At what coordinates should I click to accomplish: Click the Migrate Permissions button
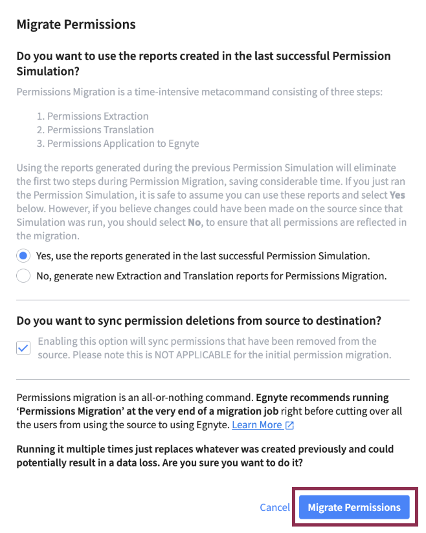[354, 508]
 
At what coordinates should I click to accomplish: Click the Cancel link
[275, 508]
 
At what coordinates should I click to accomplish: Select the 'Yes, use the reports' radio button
[23, 256]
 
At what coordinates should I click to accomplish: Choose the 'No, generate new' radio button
[23, 276]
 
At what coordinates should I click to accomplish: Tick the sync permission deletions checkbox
[23, 348]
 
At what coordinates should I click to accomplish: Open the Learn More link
[257, 425]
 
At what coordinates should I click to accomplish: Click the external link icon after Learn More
[290, 426]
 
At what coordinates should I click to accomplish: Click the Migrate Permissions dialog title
[76, 25]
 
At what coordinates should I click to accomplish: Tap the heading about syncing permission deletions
[199, 320]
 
